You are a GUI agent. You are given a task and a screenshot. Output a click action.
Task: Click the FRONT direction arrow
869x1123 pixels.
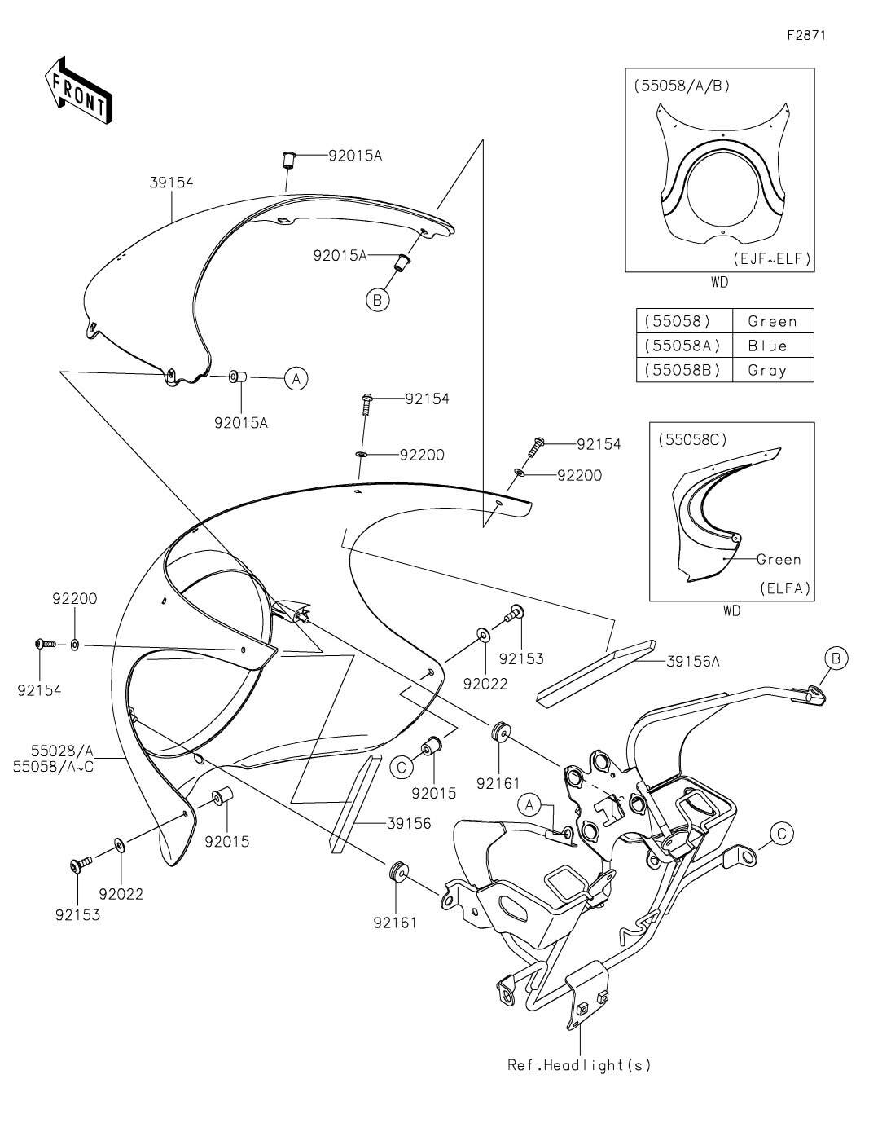point(77,90)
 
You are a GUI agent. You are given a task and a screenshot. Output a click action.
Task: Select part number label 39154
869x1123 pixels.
point(171,183)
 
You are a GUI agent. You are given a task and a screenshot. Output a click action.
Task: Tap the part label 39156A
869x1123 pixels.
point(692,662)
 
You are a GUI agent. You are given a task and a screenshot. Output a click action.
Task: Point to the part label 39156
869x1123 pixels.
point(410,824)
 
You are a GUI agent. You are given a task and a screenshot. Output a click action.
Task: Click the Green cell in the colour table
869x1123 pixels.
point(771,321)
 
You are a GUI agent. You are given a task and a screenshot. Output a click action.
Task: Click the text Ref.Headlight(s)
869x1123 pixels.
point(579,1064)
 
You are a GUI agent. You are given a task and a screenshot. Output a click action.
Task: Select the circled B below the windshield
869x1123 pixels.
point(377,300)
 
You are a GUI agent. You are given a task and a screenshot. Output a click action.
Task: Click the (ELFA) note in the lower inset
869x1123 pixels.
point(785,588)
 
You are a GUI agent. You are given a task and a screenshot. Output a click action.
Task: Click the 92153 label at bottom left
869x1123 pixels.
point(77,914)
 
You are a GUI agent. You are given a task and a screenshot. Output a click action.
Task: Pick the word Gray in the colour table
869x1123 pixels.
point(766,370)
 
